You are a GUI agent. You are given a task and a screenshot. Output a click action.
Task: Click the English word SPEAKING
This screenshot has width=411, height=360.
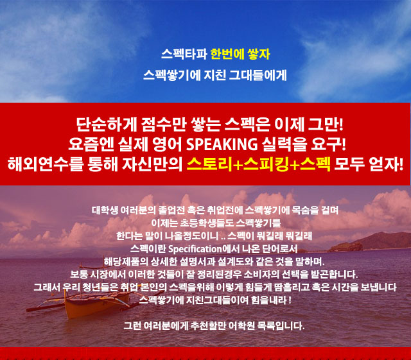tap(222, 144)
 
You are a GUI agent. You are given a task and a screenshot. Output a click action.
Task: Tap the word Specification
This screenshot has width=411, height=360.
tap(195, 249)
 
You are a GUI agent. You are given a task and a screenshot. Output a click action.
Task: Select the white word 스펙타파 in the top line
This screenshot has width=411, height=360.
tap(184, 54)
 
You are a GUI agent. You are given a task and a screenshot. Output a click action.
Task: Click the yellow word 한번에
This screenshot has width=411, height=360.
tap(227, 54)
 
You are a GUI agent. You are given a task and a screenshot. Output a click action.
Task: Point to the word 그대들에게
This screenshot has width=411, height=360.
tap(258, 75)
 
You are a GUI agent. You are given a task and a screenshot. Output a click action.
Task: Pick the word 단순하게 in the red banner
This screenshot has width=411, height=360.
tap(107, 124)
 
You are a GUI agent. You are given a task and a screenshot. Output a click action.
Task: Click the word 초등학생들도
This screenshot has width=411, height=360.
tap(207, 223)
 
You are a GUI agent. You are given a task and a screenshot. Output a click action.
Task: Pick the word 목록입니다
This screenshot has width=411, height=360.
tap(281, 326)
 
